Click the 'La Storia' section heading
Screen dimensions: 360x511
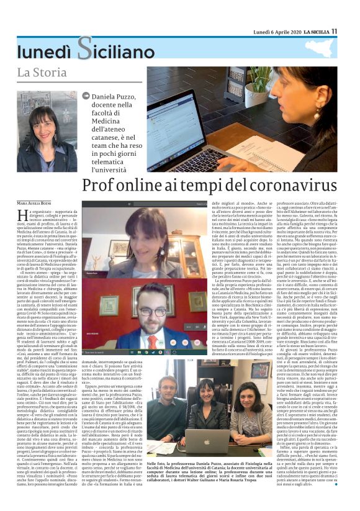click(42, 74)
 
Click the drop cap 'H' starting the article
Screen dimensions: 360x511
click(22, 215)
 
